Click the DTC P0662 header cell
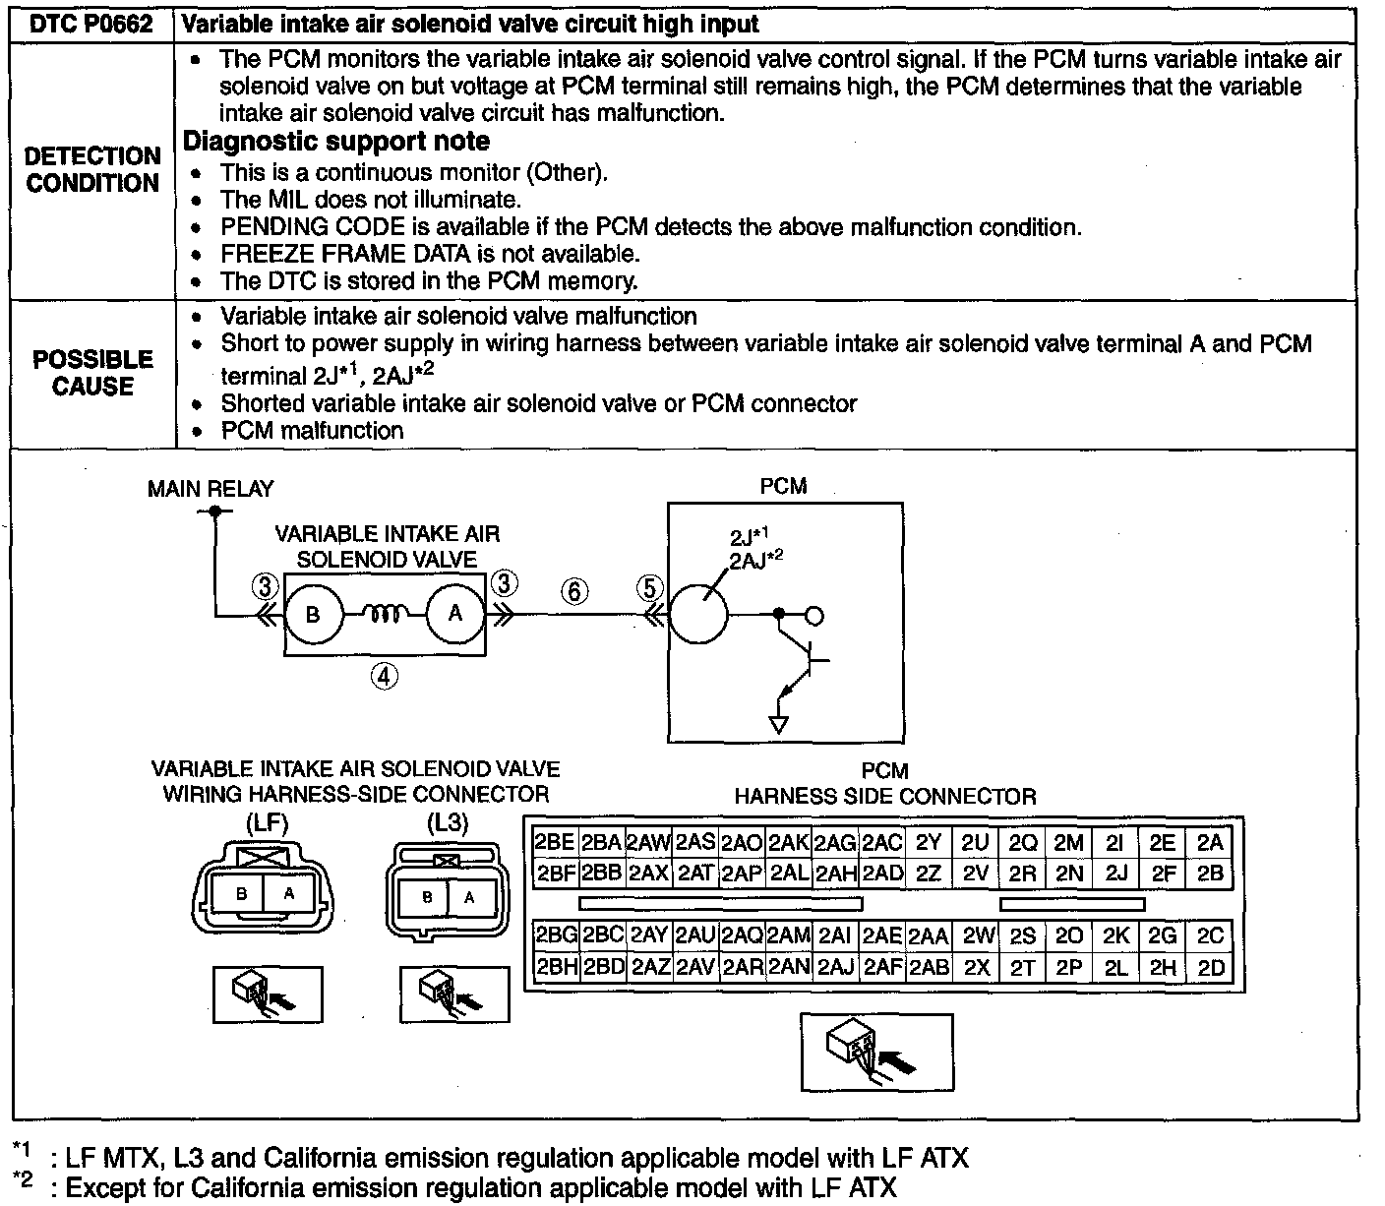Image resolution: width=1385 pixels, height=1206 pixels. point(91,24)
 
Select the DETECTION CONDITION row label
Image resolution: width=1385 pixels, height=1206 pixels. point(92,169)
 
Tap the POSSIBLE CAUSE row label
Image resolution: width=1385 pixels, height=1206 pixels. point(92,373)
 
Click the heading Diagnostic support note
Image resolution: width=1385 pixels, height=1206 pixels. point(336,142)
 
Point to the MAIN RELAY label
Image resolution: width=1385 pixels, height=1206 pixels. point(211,488)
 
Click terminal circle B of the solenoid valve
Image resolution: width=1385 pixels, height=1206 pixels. point(313,615)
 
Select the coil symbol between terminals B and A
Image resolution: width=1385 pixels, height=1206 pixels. point(385,614)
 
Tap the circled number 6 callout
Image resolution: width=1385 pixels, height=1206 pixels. point(574,591)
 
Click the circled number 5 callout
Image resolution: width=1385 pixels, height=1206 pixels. point(649,588)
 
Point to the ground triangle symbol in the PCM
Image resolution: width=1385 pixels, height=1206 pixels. point(779,725)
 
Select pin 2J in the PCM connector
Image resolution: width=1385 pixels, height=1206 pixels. point(1115,873)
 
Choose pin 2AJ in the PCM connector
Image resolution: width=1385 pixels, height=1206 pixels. point(836,967)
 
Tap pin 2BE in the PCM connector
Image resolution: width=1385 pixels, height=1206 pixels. point(554,843)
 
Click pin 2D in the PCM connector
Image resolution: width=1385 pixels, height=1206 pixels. point(1211,967)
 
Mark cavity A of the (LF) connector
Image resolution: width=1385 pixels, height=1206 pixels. point(288,894)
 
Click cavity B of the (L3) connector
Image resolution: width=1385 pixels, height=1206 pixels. point(427,897)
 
